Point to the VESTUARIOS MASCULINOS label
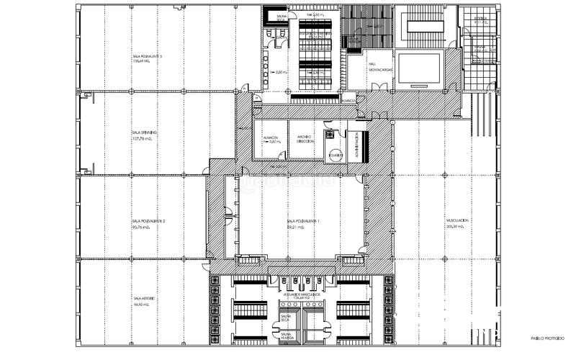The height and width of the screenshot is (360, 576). point(302,295)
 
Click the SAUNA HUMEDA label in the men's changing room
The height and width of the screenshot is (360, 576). point(286,336)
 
